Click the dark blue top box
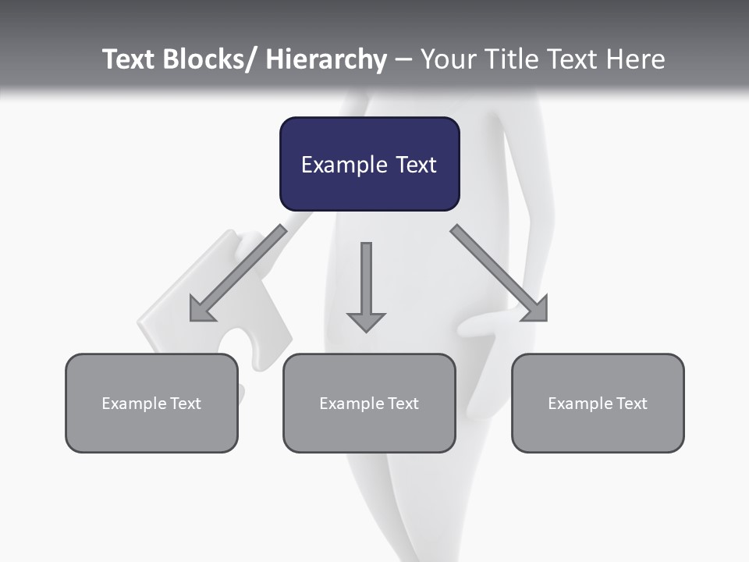[369, 164]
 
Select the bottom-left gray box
[151, 403]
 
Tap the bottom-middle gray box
[369, 403]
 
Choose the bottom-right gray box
[598, 403]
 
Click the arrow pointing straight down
[366, 285]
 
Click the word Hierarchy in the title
[326, 59]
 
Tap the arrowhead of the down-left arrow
[202, 309]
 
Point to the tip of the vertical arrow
[366, 329]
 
